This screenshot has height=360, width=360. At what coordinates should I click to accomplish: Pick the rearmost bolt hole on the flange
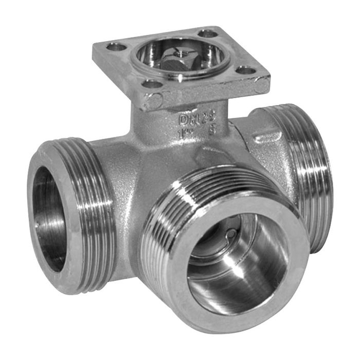coord(208,33)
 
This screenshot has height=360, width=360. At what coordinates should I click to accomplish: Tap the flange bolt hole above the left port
coord(116,47)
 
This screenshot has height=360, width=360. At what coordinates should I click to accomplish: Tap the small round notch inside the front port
coord(232,235)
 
